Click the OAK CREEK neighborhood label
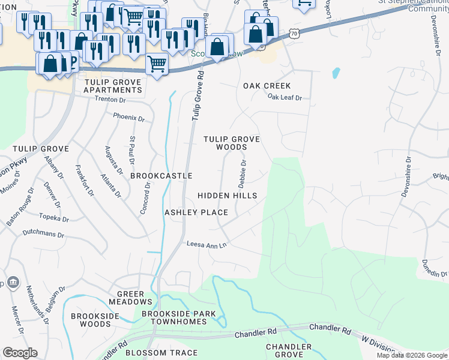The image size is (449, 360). (x=267, y=86)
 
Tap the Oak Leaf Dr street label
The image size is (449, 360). (x=285, y=97)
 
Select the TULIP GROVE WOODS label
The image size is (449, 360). (x=232, y=143)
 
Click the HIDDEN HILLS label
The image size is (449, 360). (x=228, y=196)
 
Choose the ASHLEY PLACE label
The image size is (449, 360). (x=196, y=212)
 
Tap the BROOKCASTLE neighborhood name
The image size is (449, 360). (x=161, y=176)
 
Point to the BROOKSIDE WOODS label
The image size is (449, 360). (x=91, y=320)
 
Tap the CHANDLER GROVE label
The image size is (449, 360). (x=289, y=351)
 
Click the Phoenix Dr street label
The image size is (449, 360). (x=129, y=118)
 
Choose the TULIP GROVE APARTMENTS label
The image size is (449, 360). (x=113, y=86)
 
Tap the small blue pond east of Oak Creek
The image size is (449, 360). (x=336, y=74)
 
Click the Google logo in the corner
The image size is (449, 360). (x=20, y=353)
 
